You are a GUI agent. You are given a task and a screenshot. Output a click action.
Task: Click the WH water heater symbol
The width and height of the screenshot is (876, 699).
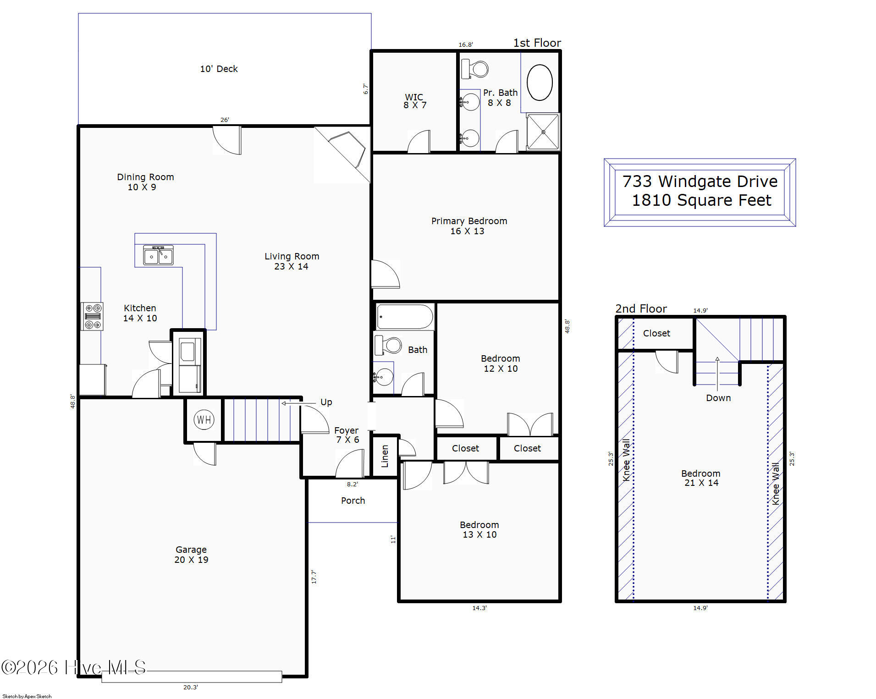[x=204, y=419]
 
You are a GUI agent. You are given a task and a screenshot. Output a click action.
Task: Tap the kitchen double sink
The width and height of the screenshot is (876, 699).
[x=159, y=255]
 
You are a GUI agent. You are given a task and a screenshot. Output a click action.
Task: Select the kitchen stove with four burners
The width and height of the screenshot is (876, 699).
[x=92, y=316]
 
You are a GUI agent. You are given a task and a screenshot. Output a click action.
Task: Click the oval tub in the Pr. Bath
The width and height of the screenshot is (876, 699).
[x=540, y=83]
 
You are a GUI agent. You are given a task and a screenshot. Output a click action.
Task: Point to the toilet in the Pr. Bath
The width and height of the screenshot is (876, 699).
[x=474, y=69]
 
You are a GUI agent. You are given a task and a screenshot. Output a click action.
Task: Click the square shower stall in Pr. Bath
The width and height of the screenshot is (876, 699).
[x=543, y=132]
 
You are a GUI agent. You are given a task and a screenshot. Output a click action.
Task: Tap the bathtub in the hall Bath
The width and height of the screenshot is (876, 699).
[x=405, y=316]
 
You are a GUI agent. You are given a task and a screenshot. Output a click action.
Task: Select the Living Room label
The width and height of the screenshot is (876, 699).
[x=292, y=261]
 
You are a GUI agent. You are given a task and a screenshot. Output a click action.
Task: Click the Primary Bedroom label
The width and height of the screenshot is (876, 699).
[x=469, y=226]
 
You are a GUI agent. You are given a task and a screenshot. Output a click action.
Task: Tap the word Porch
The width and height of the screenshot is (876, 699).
[x=353, y=501]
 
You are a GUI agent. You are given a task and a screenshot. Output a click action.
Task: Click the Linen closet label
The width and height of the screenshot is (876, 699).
[x=385, y=456]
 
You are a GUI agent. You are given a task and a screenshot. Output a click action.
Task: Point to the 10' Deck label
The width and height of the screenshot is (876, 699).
[x=219, y=69]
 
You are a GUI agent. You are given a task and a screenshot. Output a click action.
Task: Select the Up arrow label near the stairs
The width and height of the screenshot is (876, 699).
[x=326, y=402]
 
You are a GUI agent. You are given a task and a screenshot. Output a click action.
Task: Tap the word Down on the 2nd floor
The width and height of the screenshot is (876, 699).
[x=718, y=398]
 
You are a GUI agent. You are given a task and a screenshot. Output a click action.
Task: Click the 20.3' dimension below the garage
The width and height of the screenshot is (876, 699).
[x=191, y=687]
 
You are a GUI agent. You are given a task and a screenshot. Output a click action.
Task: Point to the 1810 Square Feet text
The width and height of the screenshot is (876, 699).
[x=701, y=200]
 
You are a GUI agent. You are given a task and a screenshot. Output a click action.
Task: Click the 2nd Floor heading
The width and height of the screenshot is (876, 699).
[x=641, y=308]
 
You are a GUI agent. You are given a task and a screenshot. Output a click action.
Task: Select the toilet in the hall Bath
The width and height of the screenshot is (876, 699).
[x=388, y=345]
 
